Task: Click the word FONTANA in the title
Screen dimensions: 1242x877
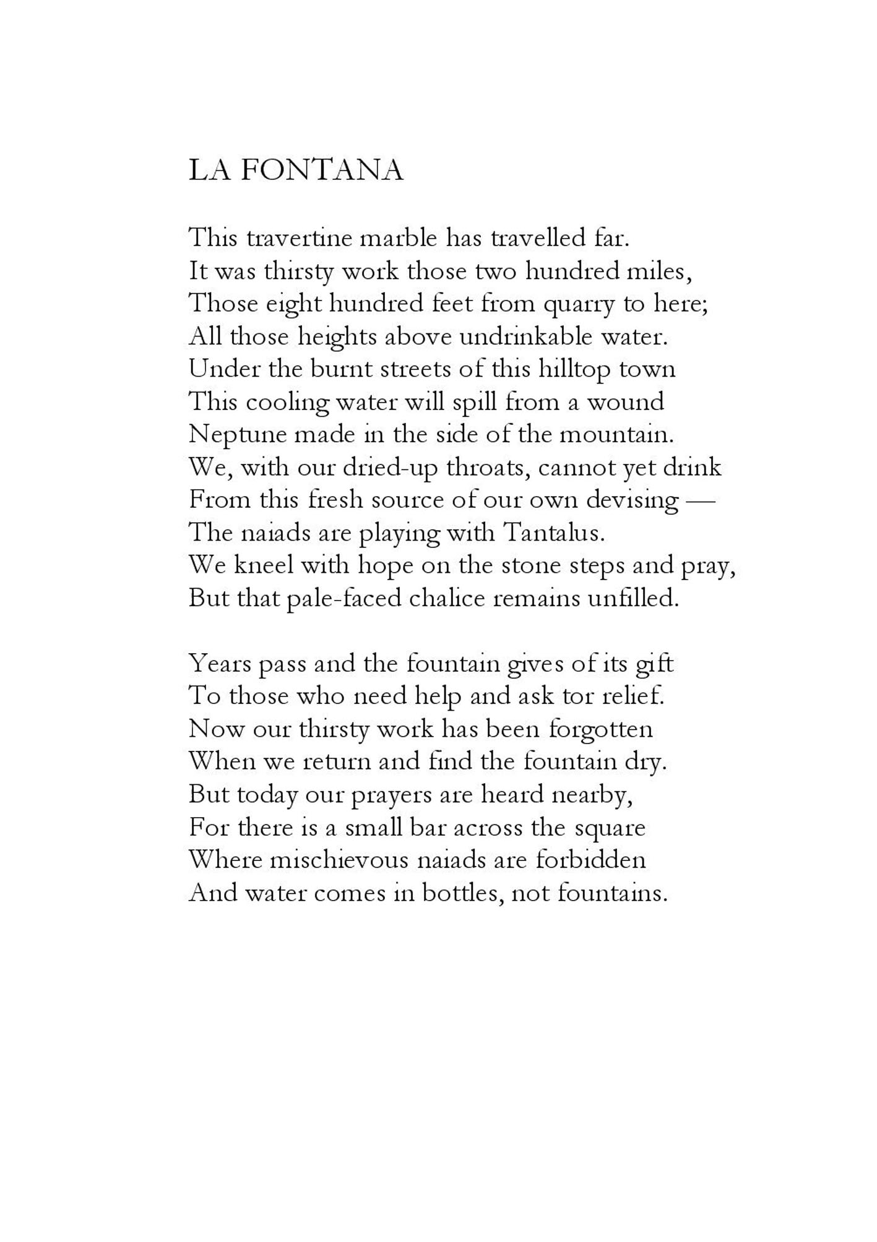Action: pos(321,171)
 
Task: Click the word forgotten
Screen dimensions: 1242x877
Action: pos(600,729)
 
